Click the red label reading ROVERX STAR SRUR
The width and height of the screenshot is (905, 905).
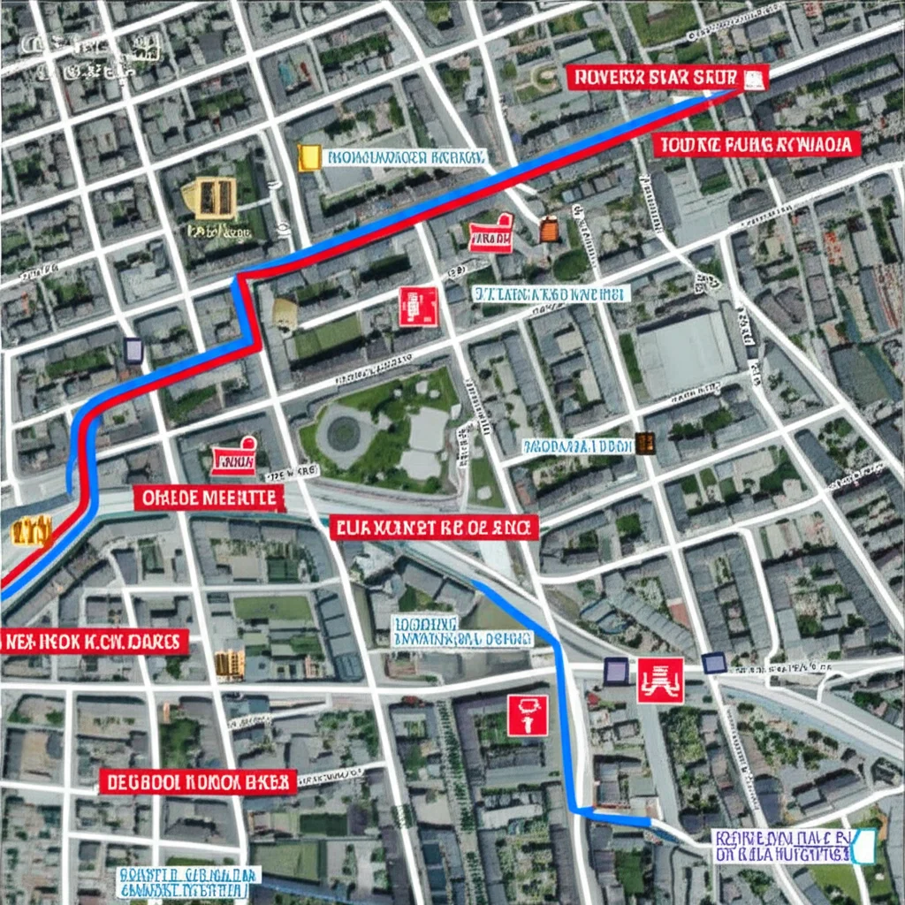654,78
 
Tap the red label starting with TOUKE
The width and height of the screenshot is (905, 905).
757,144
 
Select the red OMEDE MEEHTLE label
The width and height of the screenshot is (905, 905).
210,498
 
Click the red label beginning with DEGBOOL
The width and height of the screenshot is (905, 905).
196,781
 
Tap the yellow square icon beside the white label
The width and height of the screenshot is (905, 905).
309,157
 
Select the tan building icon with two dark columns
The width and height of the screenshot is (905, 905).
209,198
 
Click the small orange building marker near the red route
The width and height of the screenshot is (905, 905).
549,230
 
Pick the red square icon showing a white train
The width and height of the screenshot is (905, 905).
660,680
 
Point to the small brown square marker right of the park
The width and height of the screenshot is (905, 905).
644,443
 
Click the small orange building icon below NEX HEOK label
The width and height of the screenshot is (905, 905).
229,665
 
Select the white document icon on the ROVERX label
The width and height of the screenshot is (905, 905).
753,80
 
